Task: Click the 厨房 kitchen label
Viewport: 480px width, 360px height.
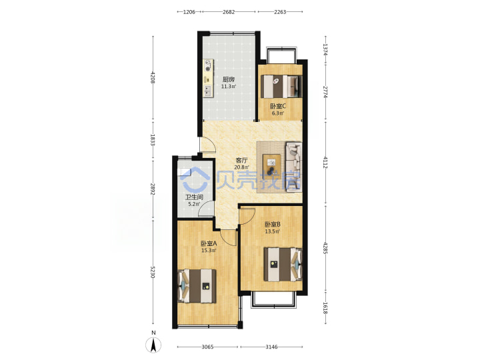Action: coord(229,79)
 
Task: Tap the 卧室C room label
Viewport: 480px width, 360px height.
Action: coord(278,106)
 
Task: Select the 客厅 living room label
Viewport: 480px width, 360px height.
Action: coord(241,160)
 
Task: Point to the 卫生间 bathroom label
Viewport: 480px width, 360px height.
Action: coord(194,197)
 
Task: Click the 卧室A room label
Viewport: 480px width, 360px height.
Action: coord(209,244)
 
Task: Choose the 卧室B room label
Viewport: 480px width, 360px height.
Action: coord(273,225)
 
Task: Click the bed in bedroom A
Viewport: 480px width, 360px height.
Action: coord(197,286)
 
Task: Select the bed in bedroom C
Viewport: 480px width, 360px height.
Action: coord(281,86)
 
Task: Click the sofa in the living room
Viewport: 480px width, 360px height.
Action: coord(293,167)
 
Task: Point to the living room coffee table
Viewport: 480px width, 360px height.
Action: coord(272,167)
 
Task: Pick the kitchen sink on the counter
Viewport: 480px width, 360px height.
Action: coord(208,91)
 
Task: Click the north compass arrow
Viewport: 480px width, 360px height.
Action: coord(154,345)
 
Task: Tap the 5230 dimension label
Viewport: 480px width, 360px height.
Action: coord(153,272)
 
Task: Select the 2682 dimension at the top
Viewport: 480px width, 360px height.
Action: coord(229,12)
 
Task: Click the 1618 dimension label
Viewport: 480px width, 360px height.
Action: coord(325,308)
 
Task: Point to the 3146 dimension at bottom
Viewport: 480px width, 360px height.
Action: coord(271,347)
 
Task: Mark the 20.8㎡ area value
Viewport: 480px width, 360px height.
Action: coord(241,167)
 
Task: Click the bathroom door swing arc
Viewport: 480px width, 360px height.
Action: coord(205,207)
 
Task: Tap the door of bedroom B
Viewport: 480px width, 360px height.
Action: coord(247,216)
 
